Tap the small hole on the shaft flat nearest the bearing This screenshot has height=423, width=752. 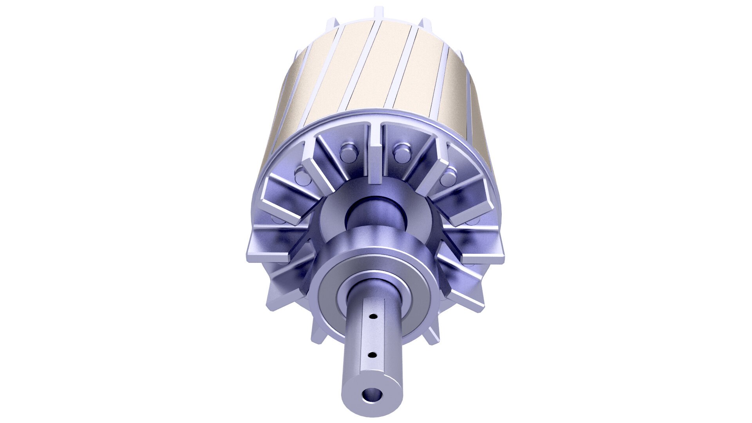[x=373, y=316]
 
